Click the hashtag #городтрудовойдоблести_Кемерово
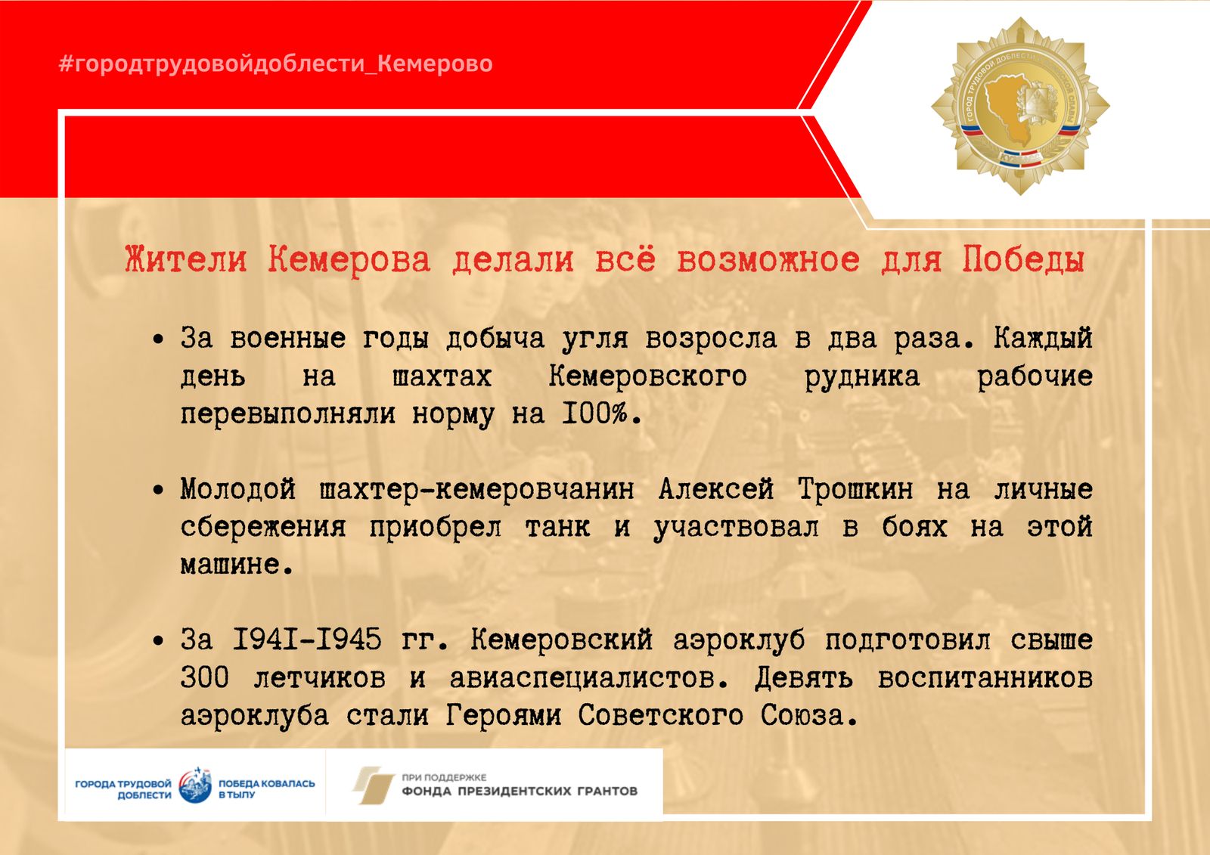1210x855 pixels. (x=275, y=64)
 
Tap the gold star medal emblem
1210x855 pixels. (x=1020, y=106)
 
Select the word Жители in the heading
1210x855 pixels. (x=186, y=260)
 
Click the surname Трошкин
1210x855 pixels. (x=855, y=490)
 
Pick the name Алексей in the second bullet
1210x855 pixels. (x=716, y=490)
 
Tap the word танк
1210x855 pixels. (x=557, y=527)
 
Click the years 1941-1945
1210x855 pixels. (x=307, y=640)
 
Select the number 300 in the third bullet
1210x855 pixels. (x=205, y=677)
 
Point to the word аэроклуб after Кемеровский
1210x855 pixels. (x=739, y=641)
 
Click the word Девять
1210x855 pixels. (x=804, y=678)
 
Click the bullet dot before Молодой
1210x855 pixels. (x=158, y=491)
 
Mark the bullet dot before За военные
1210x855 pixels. (x=158, y=339)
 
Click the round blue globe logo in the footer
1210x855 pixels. (x=195, y=785)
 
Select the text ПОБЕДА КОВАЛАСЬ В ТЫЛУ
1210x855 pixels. (x=266, y=788)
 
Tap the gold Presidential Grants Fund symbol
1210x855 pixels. (x=374, y=785)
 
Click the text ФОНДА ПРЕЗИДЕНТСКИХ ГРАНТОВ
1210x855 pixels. (x=520, y=791)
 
